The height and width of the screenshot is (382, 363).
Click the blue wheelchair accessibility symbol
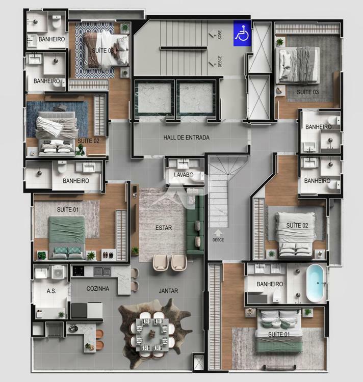tap(242, 33)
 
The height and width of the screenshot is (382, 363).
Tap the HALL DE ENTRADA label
tap(186, 138)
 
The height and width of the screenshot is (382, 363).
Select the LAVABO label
tap(183, 175)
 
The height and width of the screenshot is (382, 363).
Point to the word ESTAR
tap(163, 228)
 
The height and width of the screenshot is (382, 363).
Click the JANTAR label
tap(168, 291)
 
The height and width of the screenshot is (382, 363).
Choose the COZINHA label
tap(98, 288)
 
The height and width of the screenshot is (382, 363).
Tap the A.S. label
tap(51, 291)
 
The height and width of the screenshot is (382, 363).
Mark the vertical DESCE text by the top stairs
tap(220, 62)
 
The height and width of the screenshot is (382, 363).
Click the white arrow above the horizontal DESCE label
tap(218, 232)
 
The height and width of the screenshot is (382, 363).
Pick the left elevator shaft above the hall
tap(153, 97)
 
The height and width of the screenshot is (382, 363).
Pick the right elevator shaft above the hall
tap(196, 97)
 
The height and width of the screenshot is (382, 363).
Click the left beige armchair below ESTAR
tap(161, 262)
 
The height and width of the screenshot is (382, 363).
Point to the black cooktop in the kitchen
tap(79, 271)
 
